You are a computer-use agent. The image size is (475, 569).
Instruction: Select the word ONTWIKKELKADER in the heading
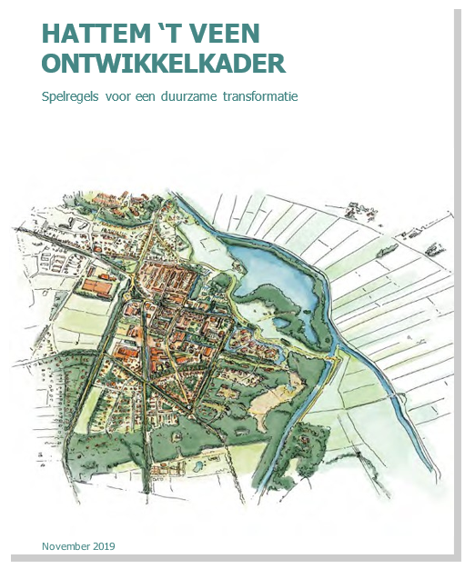pyautogui.click(x=163, y=63)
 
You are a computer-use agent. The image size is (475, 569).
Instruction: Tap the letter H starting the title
pyautogui.click(x=51, y=34)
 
